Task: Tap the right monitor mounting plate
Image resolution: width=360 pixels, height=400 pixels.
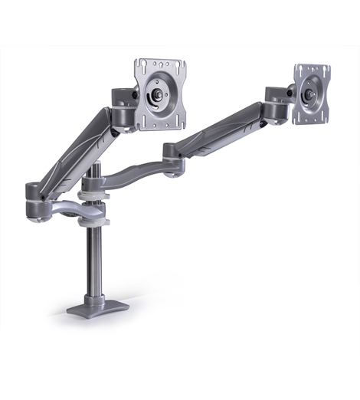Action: tap(312, 97)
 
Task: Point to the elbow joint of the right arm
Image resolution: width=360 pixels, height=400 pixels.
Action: tap(172, 150)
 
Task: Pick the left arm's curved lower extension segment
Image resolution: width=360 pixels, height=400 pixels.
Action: tap(65, 207)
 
